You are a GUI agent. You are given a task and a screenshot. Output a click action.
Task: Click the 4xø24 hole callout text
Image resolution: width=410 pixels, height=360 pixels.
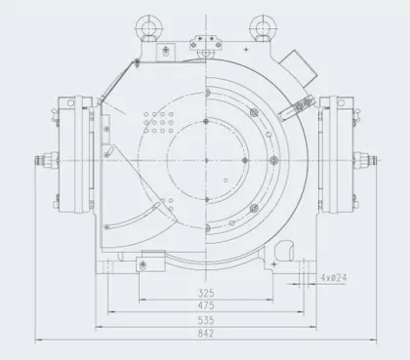[x=336, y=276]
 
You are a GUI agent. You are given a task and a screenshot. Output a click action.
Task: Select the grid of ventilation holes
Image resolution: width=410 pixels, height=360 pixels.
[x=157, y=123]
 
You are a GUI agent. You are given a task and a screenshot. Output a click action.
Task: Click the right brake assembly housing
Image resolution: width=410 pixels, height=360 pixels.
[x=339, y=155]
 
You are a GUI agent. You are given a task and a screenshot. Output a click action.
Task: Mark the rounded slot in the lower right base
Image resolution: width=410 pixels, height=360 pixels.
[x=293, y=263]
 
